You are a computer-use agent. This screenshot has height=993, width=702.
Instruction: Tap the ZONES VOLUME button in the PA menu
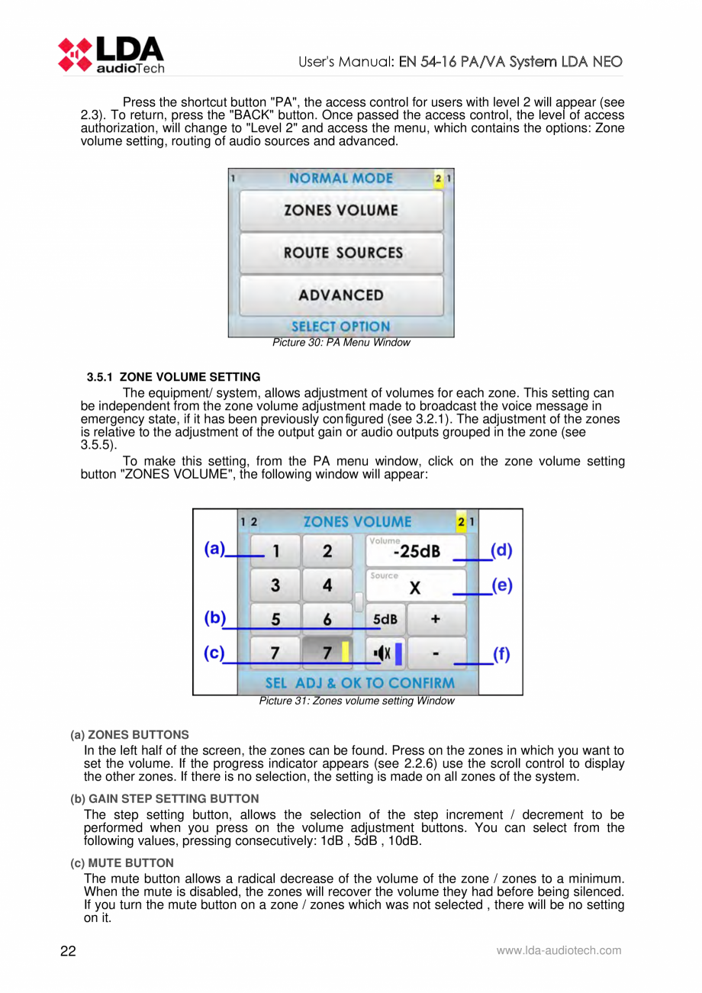pyautogui.click(x=340, y=211)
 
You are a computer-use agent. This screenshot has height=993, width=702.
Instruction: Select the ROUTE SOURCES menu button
pyautogui.click(x=340, y=253)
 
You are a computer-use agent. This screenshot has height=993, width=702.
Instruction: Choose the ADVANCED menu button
pyautogui.click(x=340, y=295)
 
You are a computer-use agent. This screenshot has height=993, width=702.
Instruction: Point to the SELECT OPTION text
pyautogui.click(x=340, y=326)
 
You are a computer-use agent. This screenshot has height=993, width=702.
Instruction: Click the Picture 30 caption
pyautogui.click(x=341, y=343)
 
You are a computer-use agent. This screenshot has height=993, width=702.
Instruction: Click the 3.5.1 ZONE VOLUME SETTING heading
pyautogui.click(x=173, y=377)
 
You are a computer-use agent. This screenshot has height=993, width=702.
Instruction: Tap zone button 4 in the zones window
pyautogui.click(x=327, y=585)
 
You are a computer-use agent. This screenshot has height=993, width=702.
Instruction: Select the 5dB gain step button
pyautogui.click(x=385, y=620)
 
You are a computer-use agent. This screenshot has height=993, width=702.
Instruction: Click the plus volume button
pyautogui.click(x=435, y=620)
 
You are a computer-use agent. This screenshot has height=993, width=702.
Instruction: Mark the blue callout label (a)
pyautogui.click(x=215, y=550)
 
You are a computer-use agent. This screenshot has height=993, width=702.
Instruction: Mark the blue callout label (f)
pyautogui.click(x=501, y=654)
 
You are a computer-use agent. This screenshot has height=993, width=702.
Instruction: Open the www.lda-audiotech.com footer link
pyautogui.click(x=559, y=951)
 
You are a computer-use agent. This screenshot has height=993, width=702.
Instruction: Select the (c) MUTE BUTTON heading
pyautogui.click(x=121, y=862)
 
